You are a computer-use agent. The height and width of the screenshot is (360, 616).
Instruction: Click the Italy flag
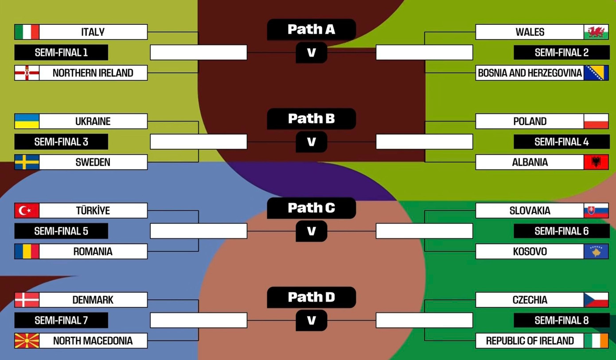pos(27,32)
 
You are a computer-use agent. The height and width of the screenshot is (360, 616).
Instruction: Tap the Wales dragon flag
pos(596,32)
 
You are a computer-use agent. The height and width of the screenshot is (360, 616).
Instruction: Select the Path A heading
pos(311,29)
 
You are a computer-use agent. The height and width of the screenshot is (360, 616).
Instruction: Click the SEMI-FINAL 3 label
pos(61,142)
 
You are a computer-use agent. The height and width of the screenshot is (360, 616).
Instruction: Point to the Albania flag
pos(596,162)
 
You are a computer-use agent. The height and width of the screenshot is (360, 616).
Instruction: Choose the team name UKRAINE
pos(93,121)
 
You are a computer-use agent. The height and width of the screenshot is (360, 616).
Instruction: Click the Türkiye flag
pos(27,211)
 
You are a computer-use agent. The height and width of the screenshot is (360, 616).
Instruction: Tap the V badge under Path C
pos(311,231)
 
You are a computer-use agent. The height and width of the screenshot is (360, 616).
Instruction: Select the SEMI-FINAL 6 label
pos(561,231)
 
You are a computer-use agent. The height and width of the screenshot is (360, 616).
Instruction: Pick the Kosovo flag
pos(596,251)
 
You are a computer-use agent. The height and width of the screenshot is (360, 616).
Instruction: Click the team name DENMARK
pos(93,300)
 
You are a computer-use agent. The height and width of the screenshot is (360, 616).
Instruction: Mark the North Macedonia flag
pos(27,341)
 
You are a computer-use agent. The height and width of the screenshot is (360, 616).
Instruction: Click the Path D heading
pos(311,297)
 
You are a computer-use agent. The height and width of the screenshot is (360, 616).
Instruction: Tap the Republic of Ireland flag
pos(596,341)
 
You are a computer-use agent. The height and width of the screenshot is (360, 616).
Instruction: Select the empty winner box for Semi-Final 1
pos(199,52)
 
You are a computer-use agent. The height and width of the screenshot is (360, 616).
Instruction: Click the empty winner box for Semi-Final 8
pos(424,320)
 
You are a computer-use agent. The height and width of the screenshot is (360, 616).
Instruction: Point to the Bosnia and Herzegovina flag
pos(596,73)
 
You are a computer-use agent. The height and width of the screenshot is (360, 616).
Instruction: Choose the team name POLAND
pos(530,121)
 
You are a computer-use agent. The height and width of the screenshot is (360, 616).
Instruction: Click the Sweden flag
pos(27,162)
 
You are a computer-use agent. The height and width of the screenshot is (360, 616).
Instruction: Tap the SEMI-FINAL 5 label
pos(61,231)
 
